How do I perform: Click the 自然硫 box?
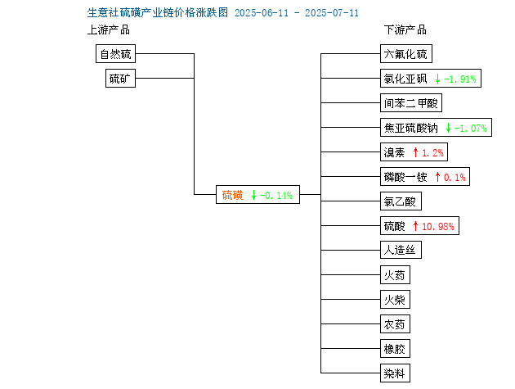115,54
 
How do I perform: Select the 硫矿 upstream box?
120,79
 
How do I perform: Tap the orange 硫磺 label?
232,195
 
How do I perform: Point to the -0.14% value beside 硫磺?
276,196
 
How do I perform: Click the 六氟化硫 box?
406,54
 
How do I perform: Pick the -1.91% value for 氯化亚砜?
459,79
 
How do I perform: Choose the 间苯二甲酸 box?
411,103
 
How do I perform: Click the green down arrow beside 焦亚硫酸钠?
448,128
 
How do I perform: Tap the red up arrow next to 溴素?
415,152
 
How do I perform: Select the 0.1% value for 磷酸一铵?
455,178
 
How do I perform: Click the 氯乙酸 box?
401,201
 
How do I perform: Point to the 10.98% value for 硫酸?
438,226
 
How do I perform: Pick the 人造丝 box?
401,250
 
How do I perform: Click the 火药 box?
395,275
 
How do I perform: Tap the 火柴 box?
395,299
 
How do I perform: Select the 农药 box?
395,323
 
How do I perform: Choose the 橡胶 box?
395,349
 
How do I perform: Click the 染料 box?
395,373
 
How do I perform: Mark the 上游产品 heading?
109,29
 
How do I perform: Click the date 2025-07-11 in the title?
332,13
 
